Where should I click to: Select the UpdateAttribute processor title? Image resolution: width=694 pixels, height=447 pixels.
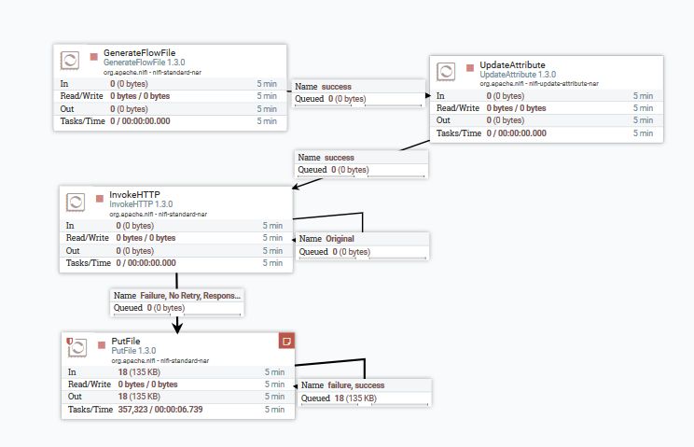click(512, 64)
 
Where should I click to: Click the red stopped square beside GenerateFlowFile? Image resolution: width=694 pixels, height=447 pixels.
click(93, 56)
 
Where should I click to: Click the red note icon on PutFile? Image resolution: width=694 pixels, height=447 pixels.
click(287, 341)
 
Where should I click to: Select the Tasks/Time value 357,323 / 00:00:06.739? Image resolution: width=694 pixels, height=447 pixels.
click(160, 410)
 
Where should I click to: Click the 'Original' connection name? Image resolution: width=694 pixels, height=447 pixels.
click(340, 239)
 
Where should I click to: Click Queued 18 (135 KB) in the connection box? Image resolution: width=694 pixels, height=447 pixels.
click(339, 398)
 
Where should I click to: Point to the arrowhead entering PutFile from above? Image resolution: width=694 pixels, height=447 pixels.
click(176, 326)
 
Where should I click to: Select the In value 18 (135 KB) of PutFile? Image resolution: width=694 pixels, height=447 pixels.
click(136, 371)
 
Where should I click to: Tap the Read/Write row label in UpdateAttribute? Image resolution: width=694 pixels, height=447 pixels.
click(458, 107)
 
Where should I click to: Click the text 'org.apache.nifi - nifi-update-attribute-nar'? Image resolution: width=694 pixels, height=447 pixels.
click(539, 84)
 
